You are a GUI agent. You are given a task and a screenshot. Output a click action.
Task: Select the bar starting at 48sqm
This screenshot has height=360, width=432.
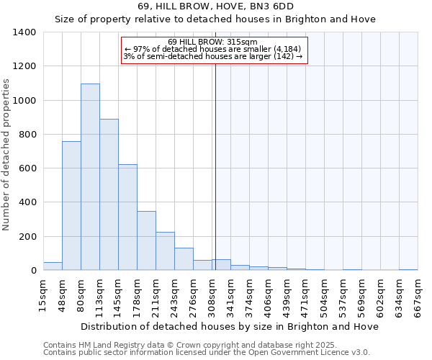pos(71,206)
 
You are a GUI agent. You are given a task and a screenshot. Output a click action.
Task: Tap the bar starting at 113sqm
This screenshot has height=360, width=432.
pos(109,194)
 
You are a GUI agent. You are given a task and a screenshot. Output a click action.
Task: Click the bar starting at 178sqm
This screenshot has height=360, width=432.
pos(146,240)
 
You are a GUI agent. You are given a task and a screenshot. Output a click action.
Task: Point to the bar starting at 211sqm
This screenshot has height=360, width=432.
pos(165,251)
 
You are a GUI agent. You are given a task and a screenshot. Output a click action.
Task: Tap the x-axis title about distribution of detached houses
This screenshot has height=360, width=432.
pos(230,326)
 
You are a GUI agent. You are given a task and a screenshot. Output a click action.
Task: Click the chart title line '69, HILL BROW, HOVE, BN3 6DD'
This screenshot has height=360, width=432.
pos(215,6)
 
